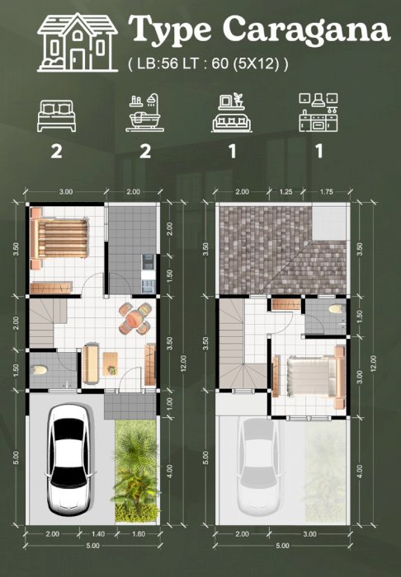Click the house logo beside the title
[x=78, y=42]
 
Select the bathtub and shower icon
[x=144, y=113]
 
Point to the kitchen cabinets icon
[x=318, y=112]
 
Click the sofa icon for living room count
[x=232, y=113]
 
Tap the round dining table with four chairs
[x=135, y=317]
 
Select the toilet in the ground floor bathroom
[x=40, y=370]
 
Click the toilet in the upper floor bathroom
[x=335, y=308]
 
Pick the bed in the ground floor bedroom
[x=59, y=238]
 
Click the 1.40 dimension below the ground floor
[x=98, y=534]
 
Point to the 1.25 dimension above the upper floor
[x=285, y=192]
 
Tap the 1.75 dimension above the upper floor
[x=326, y=192]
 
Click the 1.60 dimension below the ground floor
[x=139, y=534]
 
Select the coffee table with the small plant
[x=110, y=364]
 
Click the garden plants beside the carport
[x=136, y=471]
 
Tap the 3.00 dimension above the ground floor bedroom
[x=66, y=192]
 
